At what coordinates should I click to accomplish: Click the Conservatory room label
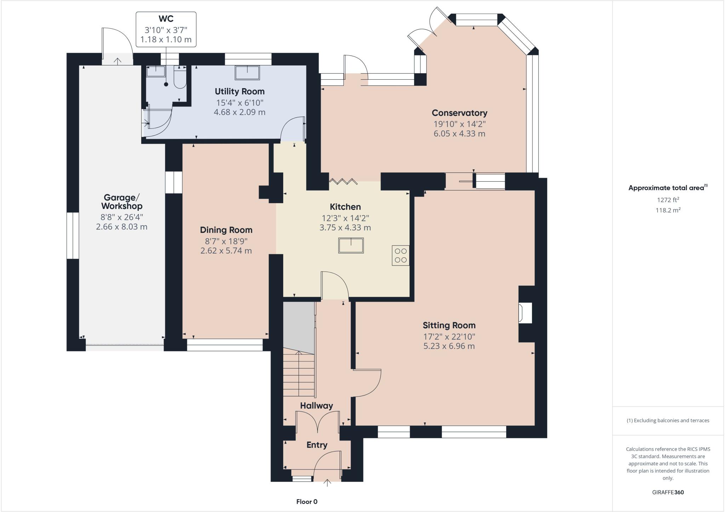pos(459,113)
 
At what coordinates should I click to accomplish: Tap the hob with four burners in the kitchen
pos(400,255)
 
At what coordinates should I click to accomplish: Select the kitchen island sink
pos(351,245)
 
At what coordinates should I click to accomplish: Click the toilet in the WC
pos(180,78)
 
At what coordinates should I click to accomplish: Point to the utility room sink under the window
pos(247,73)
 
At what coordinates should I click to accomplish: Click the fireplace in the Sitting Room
pos(525,313)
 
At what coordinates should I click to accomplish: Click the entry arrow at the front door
pos(327,483)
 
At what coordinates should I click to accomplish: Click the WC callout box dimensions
pos(166,35)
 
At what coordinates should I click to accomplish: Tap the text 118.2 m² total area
pos(668,210)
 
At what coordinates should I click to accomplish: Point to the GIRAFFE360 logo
pos(668,492)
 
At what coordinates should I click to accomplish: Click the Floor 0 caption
pos(307,502)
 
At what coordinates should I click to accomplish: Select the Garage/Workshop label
pos(121,202)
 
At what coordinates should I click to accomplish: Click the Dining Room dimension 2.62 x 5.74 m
pos(226,251)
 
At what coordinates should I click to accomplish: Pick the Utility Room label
pos(240,91)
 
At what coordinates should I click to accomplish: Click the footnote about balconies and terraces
pos(668,421)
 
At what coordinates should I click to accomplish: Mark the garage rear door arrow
pos(118,61)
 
